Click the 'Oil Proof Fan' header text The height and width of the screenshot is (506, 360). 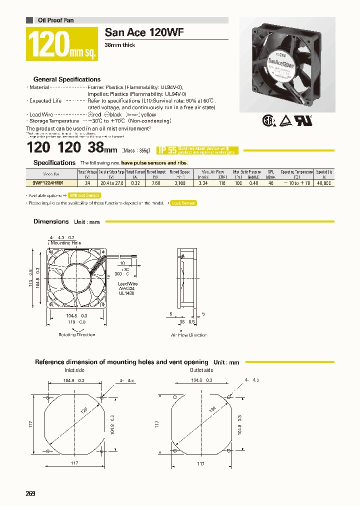(56, 20)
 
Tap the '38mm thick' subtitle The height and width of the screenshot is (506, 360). (119, 45)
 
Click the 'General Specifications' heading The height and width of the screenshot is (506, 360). (66, 79)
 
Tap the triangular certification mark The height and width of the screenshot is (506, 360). (285, 120)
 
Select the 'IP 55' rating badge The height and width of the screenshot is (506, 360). (167, 150)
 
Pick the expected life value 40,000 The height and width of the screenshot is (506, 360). (324, 183)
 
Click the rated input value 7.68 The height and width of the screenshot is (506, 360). (155, 183)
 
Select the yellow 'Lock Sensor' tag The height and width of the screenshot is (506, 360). (183, 203)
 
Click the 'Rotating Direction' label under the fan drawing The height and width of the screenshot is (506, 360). (76, 334)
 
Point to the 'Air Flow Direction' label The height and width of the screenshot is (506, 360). (189, 334)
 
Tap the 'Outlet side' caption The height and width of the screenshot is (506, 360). (201, 370)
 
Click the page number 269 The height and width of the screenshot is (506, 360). (30, 494)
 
